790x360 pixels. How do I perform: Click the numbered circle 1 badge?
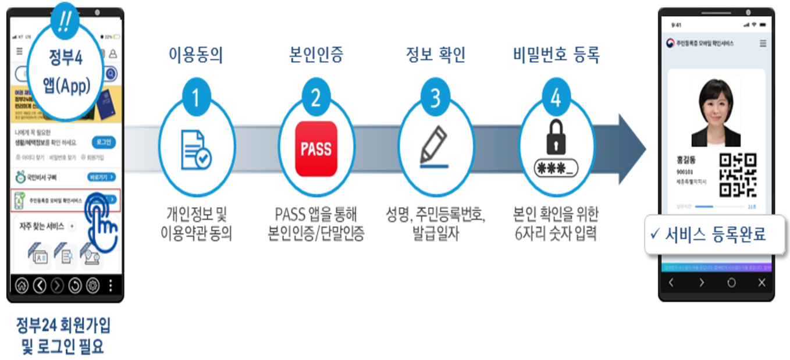tap(195, 98)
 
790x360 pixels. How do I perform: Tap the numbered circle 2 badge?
tap(316, 98)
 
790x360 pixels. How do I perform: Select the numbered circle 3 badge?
tap(435, 98)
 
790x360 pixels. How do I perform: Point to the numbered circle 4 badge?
tap(556, 98)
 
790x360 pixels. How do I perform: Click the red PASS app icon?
tap(316, 148)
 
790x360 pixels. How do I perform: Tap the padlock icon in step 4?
tap(556, 138)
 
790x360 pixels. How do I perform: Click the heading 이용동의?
tap(195, 55)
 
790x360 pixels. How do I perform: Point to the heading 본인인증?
tap(316, 55)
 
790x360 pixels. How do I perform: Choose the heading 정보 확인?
tap(435, 55)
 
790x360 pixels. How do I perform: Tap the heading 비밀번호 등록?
tap(556, 55)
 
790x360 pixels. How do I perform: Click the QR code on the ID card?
tap(738, 174)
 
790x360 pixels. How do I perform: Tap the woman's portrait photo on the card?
tap(716, 113)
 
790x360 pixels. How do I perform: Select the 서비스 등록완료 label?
tap(715, 235)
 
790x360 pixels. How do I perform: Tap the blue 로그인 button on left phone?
tap(104, 142)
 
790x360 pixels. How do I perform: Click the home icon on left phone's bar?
tap(22, 286)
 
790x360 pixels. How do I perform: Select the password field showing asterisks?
tap(556, 169)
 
